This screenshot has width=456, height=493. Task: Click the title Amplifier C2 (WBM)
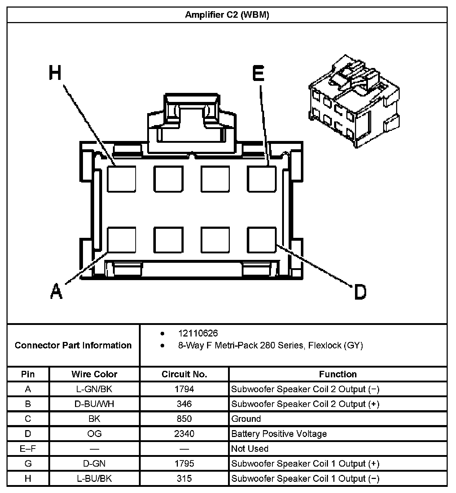pyautogui.click(x=227, y=15)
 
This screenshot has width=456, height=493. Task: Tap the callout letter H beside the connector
pyautogui.click(x=55, y=73)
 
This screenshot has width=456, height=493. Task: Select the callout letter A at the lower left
pyautogui.click(x=56, y=291)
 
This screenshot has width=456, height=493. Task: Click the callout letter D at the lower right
pyautogui.click(x=360, y=292)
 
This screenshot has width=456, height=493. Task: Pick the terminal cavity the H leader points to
pyautogui.click(x=122, y=179)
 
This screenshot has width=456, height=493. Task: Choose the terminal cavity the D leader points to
pyautogui.click(x=262, y=240)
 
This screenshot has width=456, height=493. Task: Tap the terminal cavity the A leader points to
pyautogui.click(x=122, y=240)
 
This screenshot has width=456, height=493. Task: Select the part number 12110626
pyautogui.click(x=198, y=333)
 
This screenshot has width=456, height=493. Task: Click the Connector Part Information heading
pyautogui.click(x=73, y=345)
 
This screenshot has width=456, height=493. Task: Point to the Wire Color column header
pyautogui.click(x=94, y=374)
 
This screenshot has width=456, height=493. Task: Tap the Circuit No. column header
pyautogui.click(x=184, y=374)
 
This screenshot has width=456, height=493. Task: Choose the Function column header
pyautogui.click(x=338, y=374)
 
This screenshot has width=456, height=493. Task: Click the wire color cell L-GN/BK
pyautogui.click(x=94, y=389)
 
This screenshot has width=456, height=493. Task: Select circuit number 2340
pyautogui.click(x=184, y=434)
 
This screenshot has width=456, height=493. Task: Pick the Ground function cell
pyautogui.click(x=246, y=419)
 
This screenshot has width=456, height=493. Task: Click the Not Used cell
pyautogui.click(x=250, y=449)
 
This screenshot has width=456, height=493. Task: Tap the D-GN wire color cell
pyautogui.click(x=94, y=463)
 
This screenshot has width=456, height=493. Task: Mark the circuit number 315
pyautogui.click(x=184, y=479)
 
